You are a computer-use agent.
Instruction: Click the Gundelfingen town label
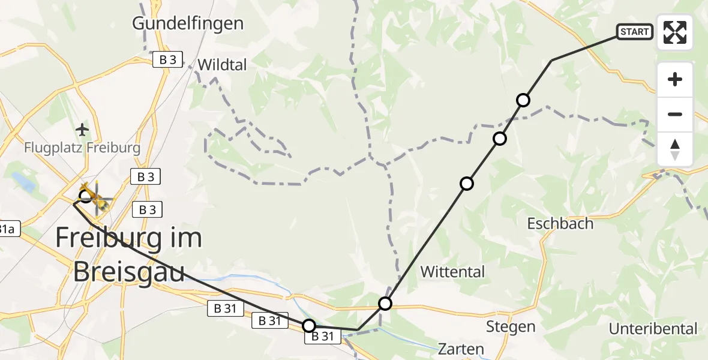[188, 23]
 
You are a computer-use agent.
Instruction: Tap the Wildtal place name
[222, 64]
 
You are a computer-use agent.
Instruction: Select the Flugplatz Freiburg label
[83, 148]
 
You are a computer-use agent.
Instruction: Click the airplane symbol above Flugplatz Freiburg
[83, 129]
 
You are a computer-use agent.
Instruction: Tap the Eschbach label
[560, 224]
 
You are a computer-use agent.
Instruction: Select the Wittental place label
[452, 272]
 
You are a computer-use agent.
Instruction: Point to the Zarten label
[461, 349]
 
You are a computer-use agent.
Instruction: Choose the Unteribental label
[653, 329]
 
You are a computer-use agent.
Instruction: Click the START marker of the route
[634, 32]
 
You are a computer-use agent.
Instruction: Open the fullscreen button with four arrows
[675, 32]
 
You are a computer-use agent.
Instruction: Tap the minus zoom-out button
[675, 114]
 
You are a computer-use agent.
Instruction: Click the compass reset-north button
[675, 149]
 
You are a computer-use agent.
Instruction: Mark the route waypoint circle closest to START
[523, 100]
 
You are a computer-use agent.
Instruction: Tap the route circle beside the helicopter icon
[86, 196]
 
